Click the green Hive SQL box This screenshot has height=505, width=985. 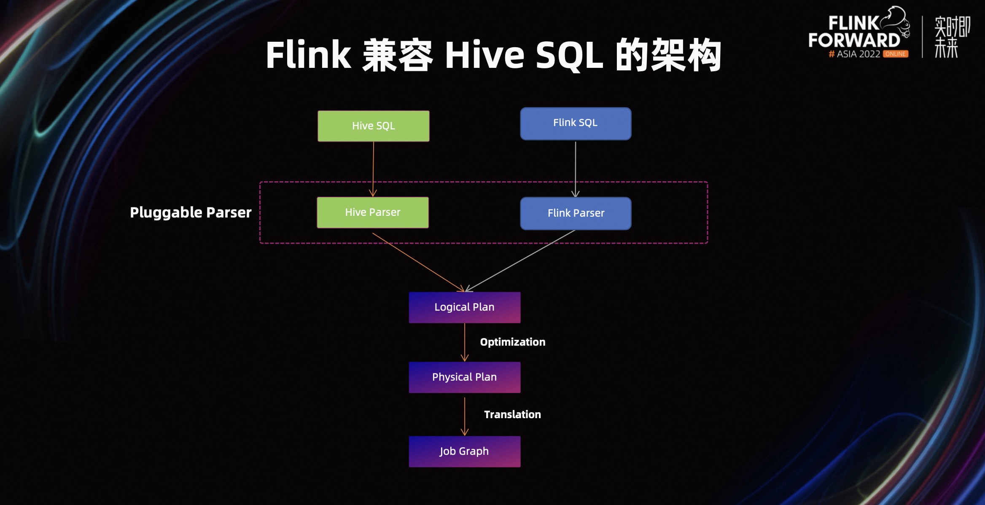(x=373, y=126)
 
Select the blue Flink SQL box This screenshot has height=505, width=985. (x=576, y=124)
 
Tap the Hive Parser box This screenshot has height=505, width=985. (x=373, y=212)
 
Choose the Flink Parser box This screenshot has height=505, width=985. (x=576, y=213)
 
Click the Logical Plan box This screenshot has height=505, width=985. (x=464, y=307)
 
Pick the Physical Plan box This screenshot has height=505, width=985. (x=464, y=377)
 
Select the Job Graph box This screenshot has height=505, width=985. (x=464, y=451)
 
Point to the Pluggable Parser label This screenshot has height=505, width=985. (x=191, y=212)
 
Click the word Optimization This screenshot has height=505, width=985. (x=512, y=342)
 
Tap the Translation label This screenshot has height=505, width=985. (x=512, y=414)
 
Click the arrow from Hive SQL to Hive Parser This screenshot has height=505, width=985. (x=373, y=169)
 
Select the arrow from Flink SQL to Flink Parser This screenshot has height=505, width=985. (x=576, y=169)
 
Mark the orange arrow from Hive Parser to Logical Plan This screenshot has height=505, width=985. (x=417, y=262)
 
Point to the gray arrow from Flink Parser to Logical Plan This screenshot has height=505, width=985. (x=521, y=260)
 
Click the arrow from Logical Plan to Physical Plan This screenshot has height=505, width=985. (x=465, y=342)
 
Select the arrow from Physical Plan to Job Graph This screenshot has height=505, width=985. (x=465, y=415)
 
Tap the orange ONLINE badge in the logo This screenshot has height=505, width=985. (x=896, y=54)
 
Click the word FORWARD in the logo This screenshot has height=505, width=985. (x=854, y=40)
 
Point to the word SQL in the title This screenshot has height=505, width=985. (x=569, y=56)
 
